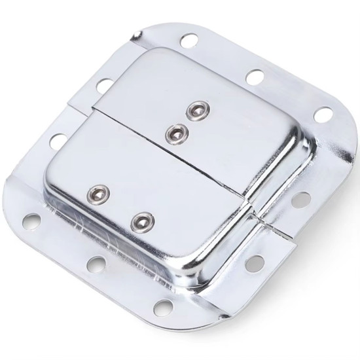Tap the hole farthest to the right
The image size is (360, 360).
point(322,114)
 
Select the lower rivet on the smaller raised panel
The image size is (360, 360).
point(174,134)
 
